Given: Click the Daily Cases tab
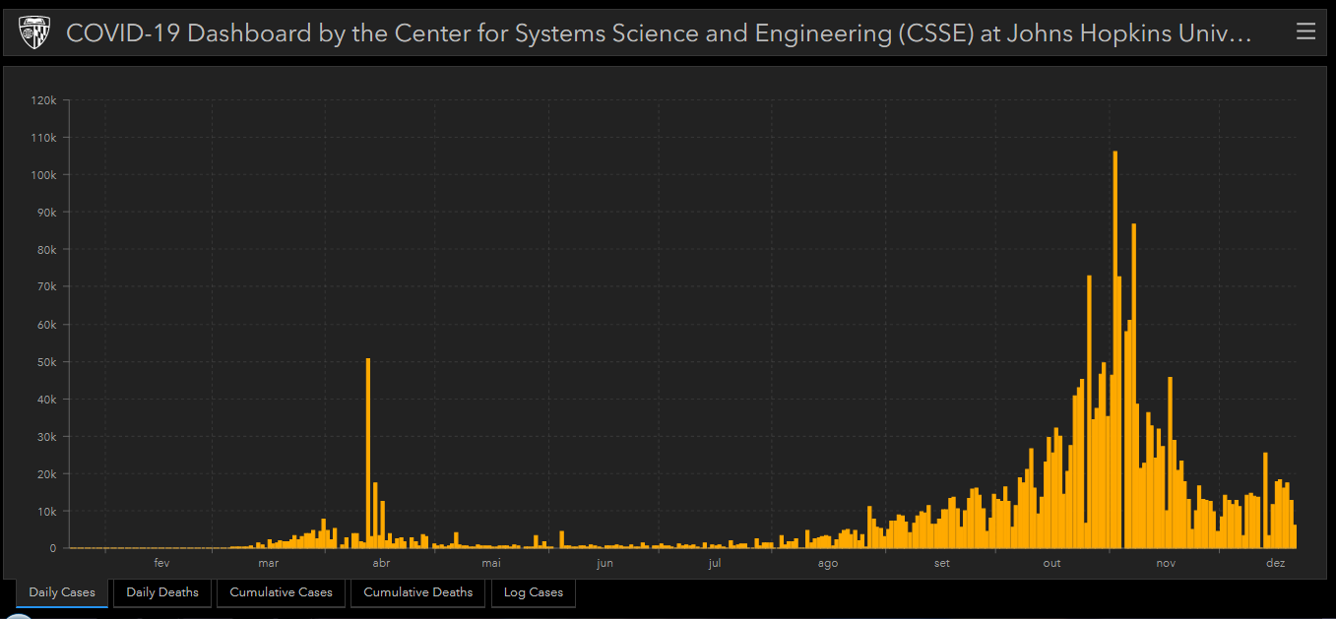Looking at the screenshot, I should pyautogui.click(x=62, y=592).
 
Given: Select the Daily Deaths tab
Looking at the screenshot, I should pyautogui.click(x=162, y=592).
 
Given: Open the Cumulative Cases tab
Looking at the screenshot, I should pyautogui.click(x=281, y=592).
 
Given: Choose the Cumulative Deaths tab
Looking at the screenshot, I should pyautogui.click(x=417, y=592).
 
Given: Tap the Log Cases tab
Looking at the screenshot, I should pyautogui.click(x=533, y=592).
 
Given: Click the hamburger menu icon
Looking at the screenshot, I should pyautogui.click(x=1305, y=31).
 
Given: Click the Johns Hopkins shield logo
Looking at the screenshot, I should pyautogui.click(x=35, y=33).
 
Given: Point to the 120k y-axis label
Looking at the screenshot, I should pyautogui.click(x=44, y=100).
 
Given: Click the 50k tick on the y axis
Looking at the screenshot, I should pyautogui.click(x=47, y=362).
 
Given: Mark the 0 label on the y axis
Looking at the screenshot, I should pyautogui.click(x=53, y=549).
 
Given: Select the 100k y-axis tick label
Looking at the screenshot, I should pyautogui.click(x=44, y=175).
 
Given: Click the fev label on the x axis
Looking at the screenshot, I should pyautogui.click(x=162, y=564).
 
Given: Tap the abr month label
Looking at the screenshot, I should pyautogui.click(x=381, y=564).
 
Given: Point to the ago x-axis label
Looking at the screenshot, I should pyautogui.click(x=827, y=564).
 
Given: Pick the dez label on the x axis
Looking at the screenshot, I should pyautogui.click(x=1275, y=564).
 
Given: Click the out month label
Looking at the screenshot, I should pyautogui.click(x=1051, y=564).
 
